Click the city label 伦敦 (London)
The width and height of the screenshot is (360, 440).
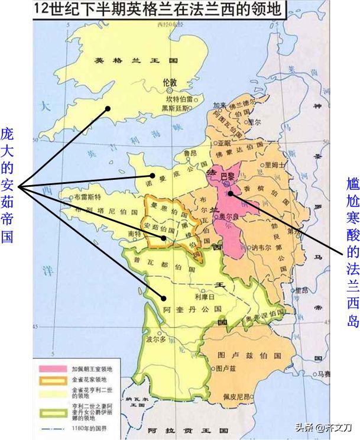170,83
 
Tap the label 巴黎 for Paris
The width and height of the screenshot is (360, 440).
227,176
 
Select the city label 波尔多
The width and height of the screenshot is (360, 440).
156,357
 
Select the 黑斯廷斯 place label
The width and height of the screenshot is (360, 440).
176,109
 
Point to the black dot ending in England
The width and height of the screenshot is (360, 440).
108,108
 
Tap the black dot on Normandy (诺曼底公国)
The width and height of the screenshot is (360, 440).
153,175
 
